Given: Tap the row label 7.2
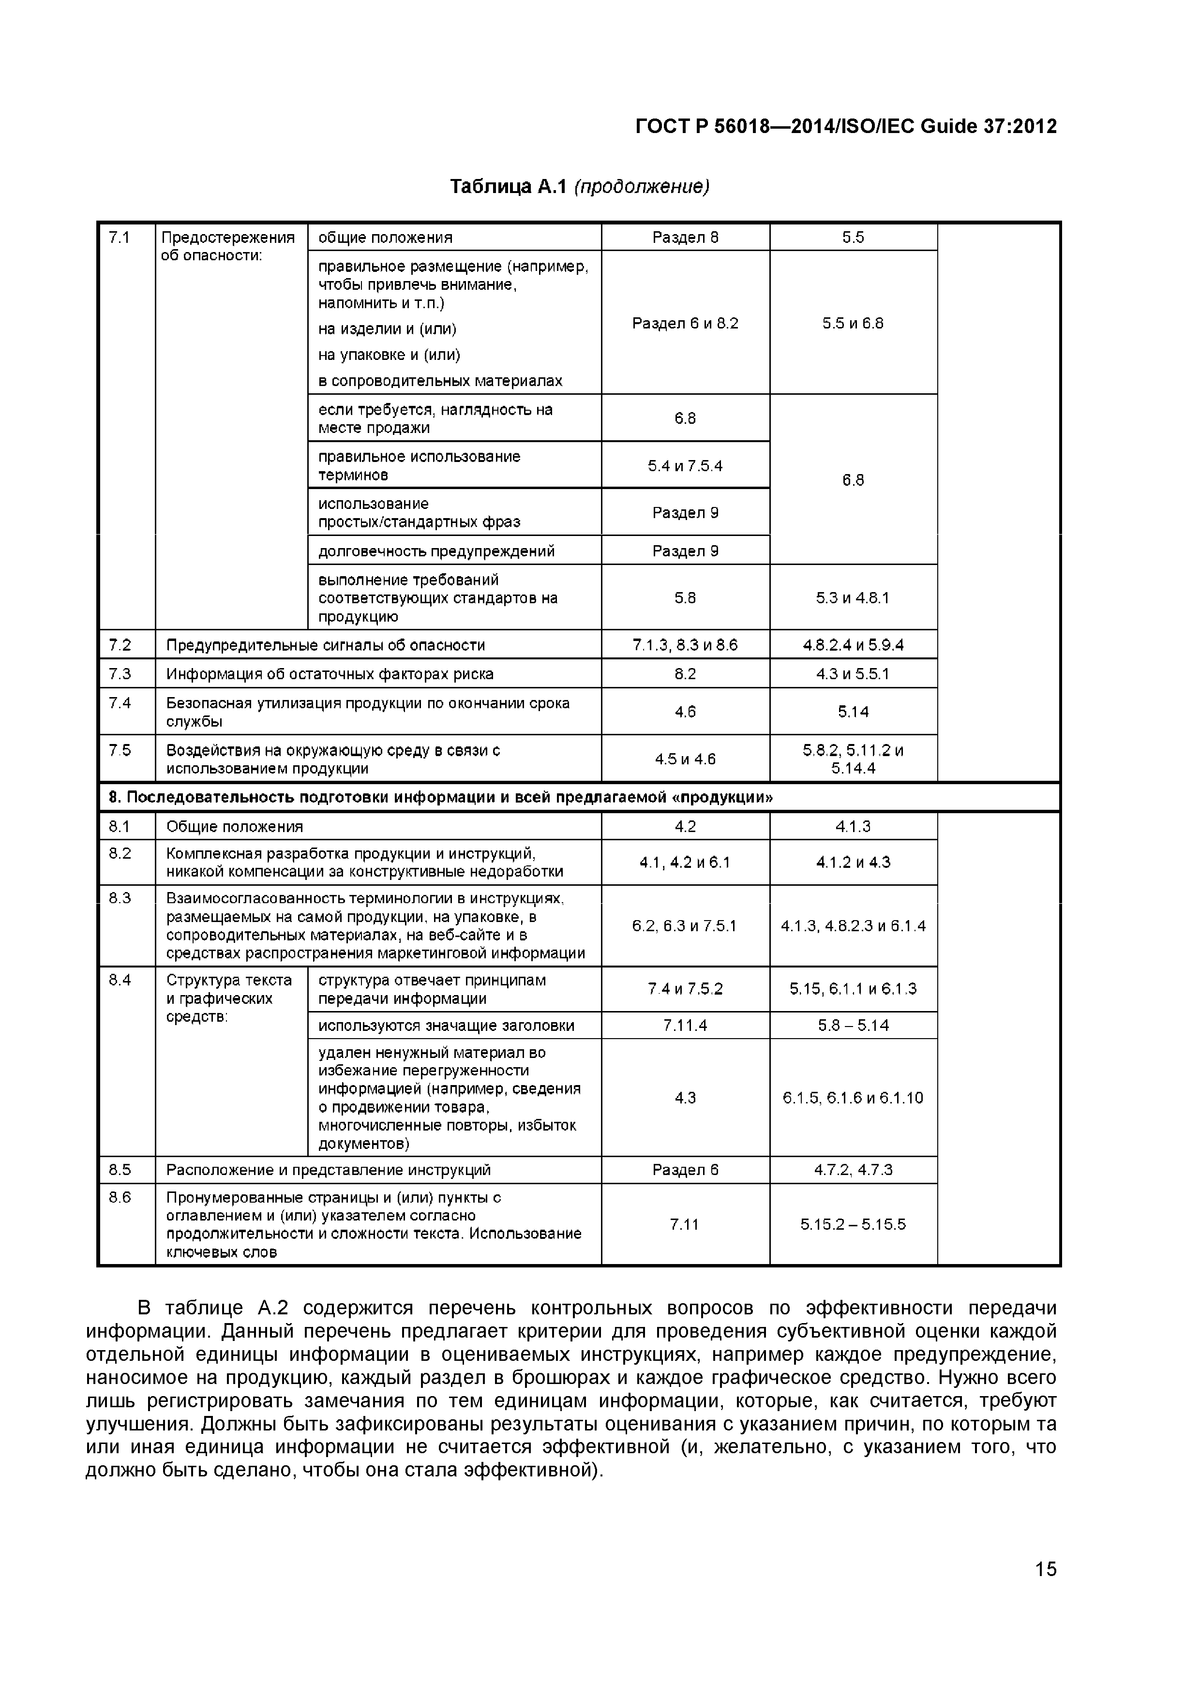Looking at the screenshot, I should point(120,644).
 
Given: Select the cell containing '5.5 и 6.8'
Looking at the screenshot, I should point(853,323).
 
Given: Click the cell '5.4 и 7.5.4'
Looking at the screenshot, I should point(685,466).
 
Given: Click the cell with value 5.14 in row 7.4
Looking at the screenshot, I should point(853,712).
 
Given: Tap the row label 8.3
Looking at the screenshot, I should point(120,898).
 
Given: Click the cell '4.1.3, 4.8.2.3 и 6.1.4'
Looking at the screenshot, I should point(853,926).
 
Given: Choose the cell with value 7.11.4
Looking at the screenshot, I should point(685,1025).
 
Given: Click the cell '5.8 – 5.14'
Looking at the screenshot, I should point(853,1025).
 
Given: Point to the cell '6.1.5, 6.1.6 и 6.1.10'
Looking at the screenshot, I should point(853,1098).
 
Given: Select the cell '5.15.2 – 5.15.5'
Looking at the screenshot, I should point(853,1224).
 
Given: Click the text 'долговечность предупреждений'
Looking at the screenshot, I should point(436,551).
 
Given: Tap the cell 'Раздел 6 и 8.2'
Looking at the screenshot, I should point(685,323).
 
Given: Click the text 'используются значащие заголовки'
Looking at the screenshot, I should point(446,1025).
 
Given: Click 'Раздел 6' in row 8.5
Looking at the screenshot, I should point(685,1170).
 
